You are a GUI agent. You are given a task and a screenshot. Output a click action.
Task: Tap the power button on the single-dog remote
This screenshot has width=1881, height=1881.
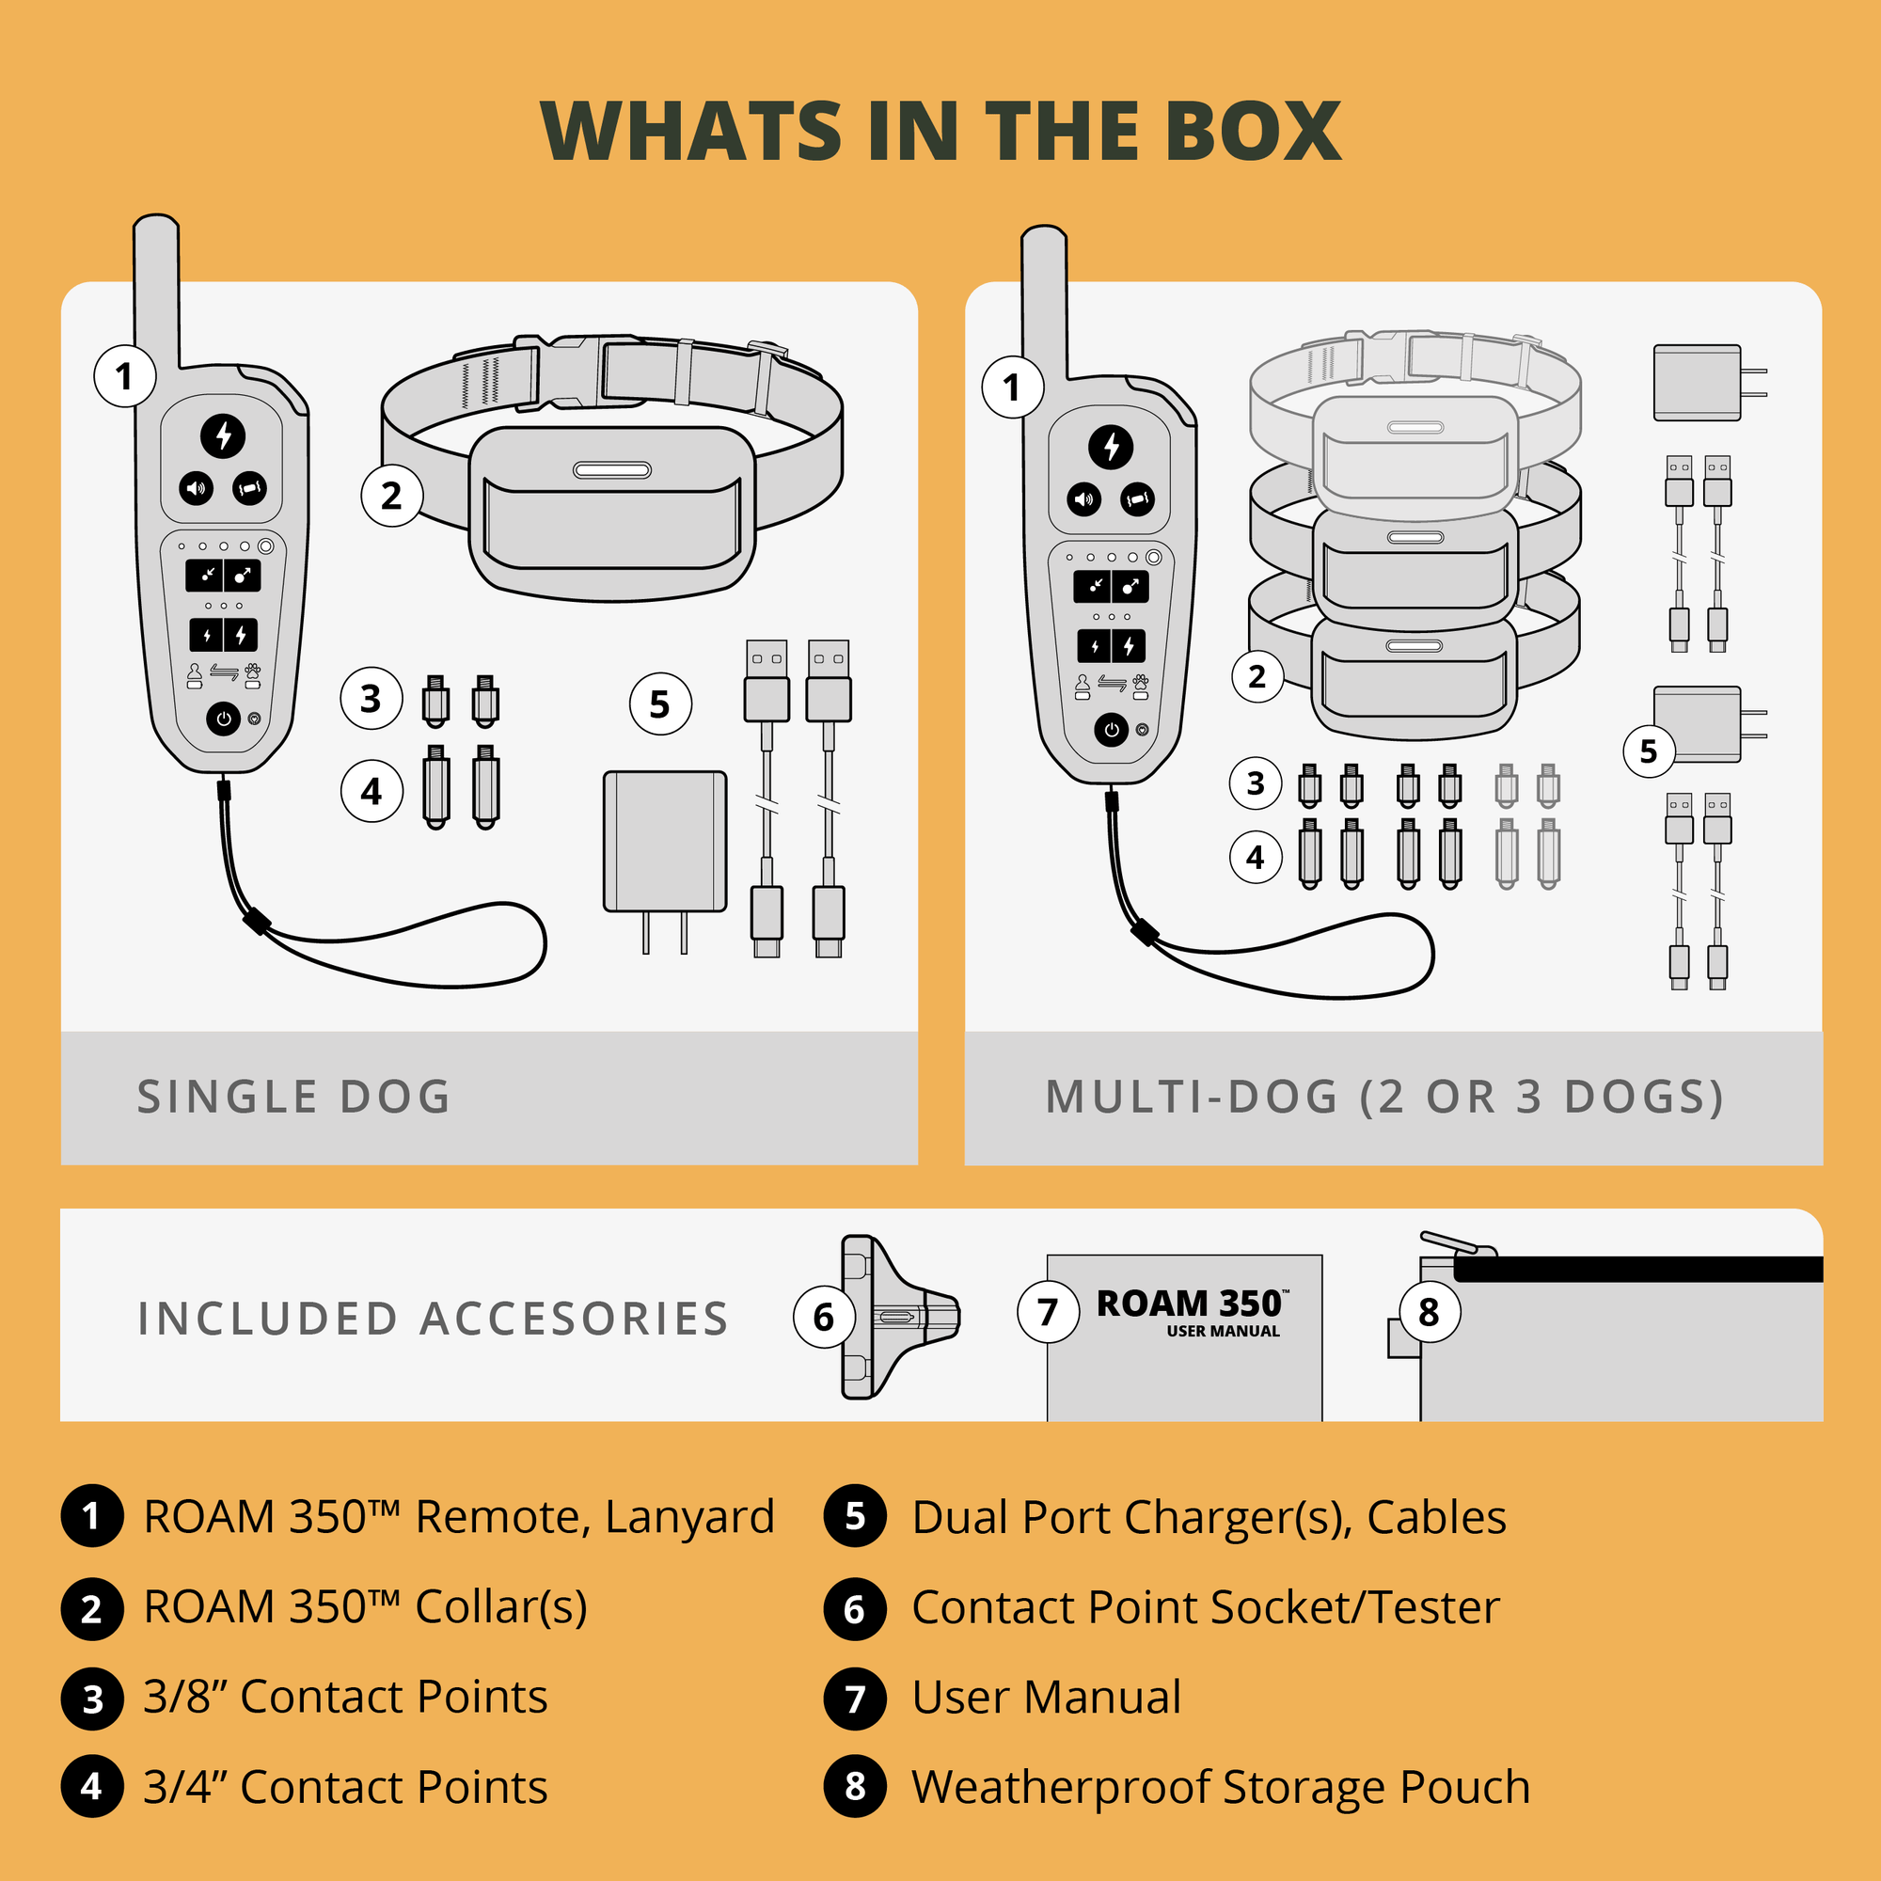pos(223,719)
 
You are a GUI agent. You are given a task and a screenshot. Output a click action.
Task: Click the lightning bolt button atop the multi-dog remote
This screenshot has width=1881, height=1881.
pos(1111,447)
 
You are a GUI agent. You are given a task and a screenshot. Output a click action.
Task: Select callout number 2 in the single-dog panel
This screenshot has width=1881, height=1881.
pos(391,496)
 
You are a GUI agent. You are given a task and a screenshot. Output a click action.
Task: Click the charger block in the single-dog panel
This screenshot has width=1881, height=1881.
pos(665,841)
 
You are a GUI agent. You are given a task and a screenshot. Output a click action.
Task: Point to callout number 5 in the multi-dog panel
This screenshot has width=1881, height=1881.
pos(1648,751)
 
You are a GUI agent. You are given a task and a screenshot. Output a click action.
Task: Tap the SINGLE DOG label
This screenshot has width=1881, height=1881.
pos(294,1098)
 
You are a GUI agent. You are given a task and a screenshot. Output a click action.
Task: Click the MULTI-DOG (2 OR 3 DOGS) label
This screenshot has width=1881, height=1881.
pos(1384,1098)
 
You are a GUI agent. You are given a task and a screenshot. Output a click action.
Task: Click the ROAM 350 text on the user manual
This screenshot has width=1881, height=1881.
pos(1189,1304)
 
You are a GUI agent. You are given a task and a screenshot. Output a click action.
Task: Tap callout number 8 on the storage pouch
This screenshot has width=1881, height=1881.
pos(1429,1312)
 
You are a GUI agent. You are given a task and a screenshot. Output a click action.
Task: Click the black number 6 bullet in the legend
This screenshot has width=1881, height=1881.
pos(855,1609)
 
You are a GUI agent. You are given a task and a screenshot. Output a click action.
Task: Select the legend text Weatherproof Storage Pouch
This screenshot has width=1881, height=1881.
pos(1221,1787)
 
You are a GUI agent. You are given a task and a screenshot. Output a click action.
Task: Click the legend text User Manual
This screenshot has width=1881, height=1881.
pos(1047,1697)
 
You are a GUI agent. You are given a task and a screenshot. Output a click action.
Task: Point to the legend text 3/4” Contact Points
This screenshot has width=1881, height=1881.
pos(345,1787)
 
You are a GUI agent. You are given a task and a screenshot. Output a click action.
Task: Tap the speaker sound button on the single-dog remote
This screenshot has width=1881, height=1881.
pos(196,487)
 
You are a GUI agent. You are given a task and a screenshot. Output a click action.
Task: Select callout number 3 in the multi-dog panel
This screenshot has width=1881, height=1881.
pos(1256,782)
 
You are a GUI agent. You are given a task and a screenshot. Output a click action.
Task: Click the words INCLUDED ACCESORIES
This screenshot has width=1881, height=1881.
pos(434,1320)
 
